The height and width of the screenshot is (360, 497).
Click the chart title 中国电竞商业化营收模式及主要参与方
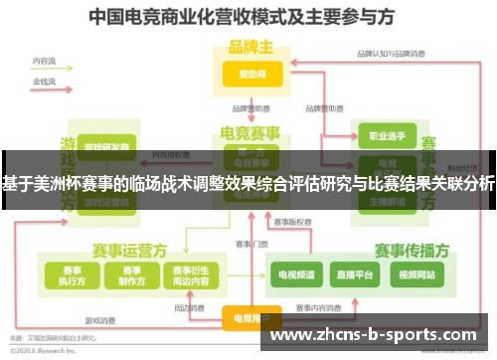click(x=248, y=17)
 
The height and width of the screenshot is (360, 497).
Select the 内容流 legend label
click(x=45, y=62)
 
